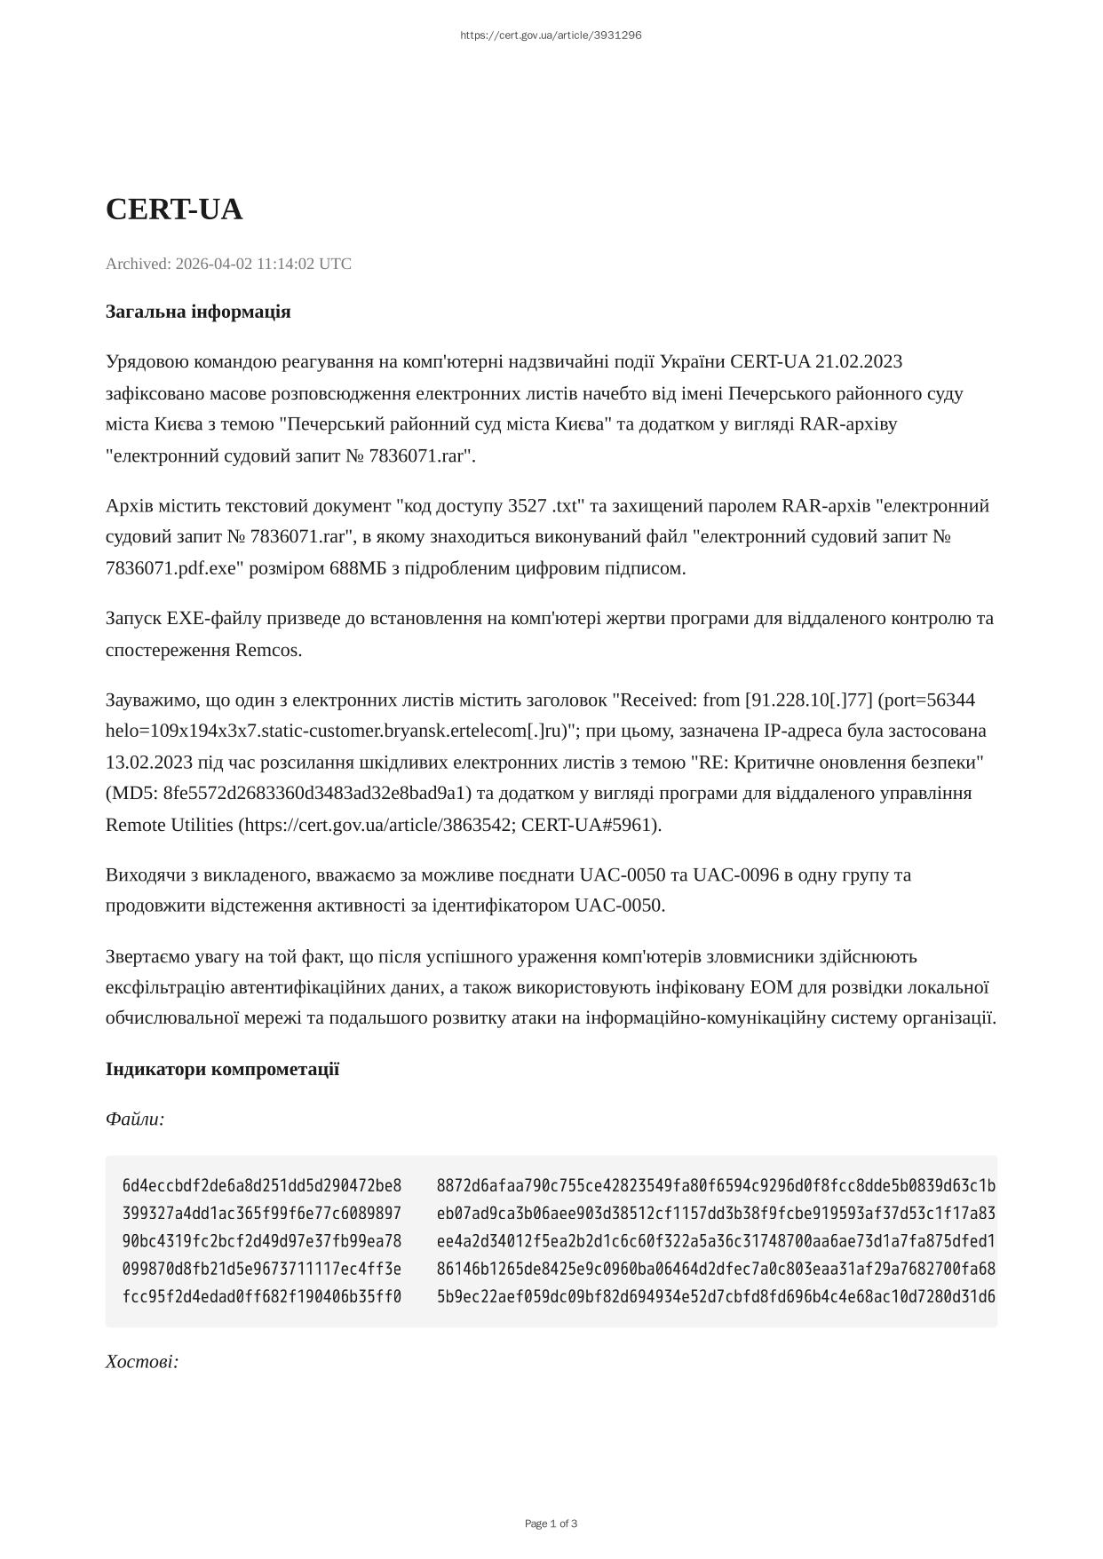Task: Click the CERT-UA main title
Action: tap(174, 210)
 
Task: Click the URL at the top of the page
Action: tap(551, 36)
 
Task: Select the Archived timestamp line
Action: tap(228, 264)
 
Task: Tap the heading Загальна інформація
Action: tap(198, 312)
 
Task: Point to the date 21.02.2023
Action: tap(859, 361)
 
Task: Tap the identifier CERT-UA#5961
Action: tap(588, 825)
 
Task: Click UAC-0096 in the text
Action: tap(736, 874)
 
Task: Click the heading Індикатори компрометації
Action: tap(222, 1069)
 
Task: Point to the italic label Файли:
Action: tap(135, 1119)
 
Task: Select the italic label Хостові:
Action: tap(142, 1362)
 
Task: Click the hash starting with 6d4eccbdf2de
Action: tap(262, 1186)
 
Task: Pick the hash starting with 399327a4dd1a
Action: tap(262, 1214)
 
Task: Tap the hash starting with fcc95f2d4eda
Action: tap(262, 1297)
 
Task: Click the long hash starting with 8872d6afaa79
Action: tap(716, 1186)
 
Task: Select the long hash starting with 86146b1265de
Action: tap(716, 1270)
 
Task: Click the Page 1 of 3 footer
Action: tap(551, 1524)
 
